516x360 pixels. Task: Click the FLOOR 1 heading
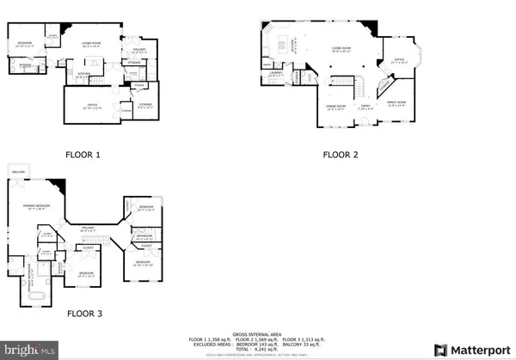(83, 156)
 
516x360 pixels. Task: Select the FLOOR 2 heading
(341, 156)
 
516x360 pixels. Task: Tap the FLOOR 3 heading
(83, 314)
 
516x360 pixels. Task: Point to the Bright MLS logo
(29, 350)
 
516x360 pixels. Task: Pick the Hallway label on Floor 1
(139, 50)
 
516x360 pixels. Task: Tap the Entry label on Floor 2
(365, 107)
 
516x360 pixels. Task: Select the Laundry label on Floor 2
(276, 73)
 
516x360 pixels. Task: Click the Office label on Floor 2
(399, 60)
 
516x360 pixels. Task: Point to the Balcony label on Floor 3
(18, 172)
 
